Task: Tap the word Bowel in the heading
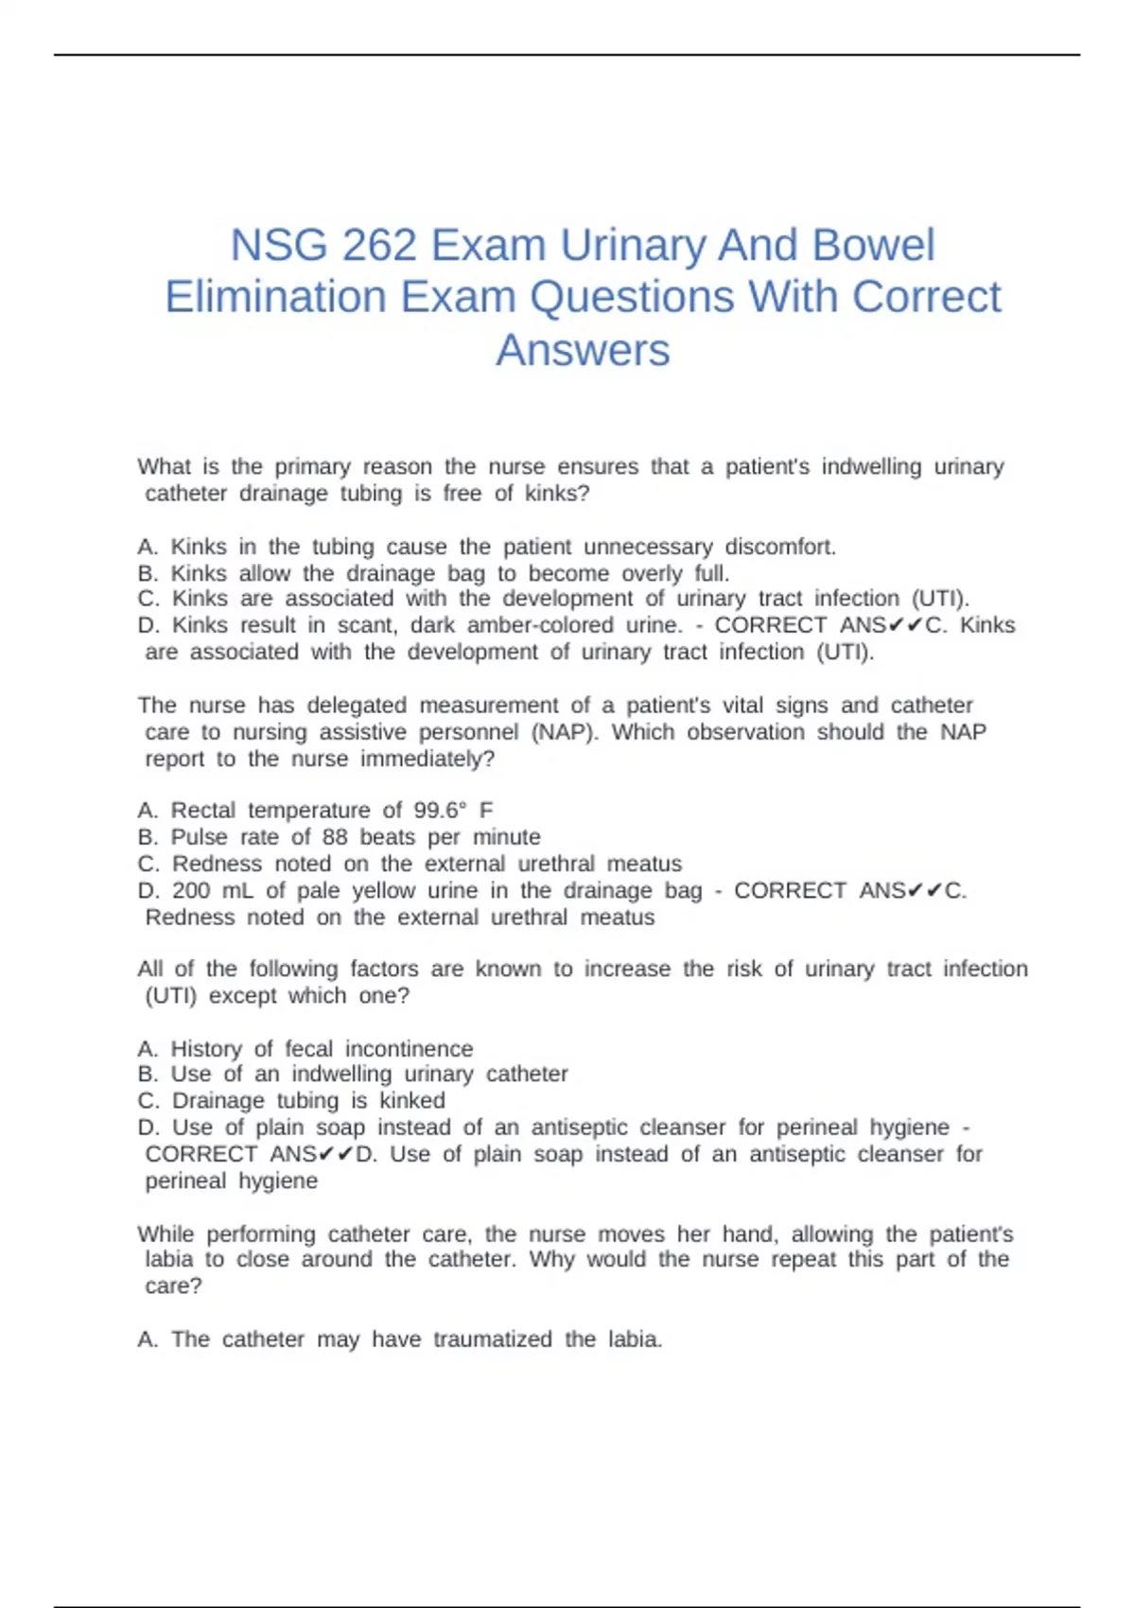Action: pyautogui.click(x=873, y=246)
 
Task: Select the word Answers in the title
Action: pyautogui.click(x=583, y=350)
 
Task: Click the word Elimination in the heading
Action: pyautogui.click(x=275, y=298)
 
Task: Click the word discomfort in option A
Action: pyautogui.click(x=780, y=547)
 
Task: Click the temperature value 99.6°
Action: pyautogui.click(x=441, y=811)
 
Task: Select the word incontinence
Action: pyautogui.click(x=409, y=1049)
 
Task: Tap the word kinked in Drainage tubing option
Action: pyautogui.click(x=412, y=1101)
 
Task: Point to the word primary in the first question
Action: pyautogui.click(x=312, y=467)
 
